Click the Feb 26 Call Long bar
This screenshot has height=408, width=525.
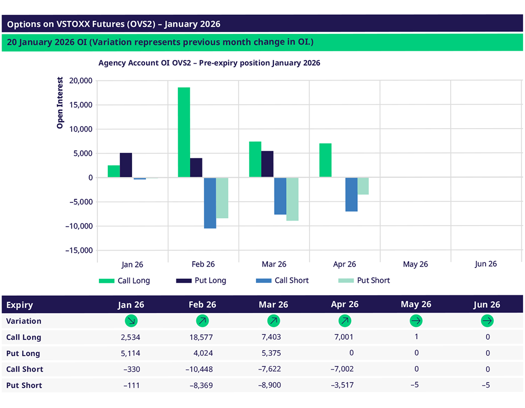click(184, 132)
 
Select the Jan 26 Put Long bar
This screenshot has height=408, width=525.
click(126, 165)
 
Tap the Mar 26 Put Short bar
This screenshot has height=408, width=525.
click(292, 199)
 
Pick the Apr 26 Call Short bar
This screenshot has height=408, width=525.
click(351, 194)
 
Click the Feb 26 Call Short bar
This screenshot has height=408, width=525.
click(210, 202)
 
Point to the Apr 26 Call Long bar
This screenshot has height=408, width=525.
click(325, 160)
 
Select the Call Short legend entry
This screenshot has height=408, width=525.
click(281, 280)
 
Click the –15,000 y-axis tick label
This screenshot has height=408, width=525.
click(77, 251)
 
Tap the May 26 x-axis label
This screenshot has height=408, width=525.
click(415, 264)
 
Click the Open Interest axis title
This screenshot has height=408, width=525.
click(60, 103)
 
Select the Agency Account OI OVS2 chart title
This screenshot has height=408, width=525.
click(209, 63)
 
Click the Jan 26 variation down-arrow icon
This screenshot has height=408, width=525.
click(131, 321)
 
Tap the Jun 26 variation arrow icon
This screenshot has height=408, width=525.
click(487, 321)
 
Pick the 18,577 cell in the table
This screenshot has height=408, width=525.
click(200, 337)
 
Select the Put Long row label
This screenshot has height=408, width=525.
click(23, 353)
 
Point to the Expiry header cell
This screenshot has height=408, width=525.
click(19, 305)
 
